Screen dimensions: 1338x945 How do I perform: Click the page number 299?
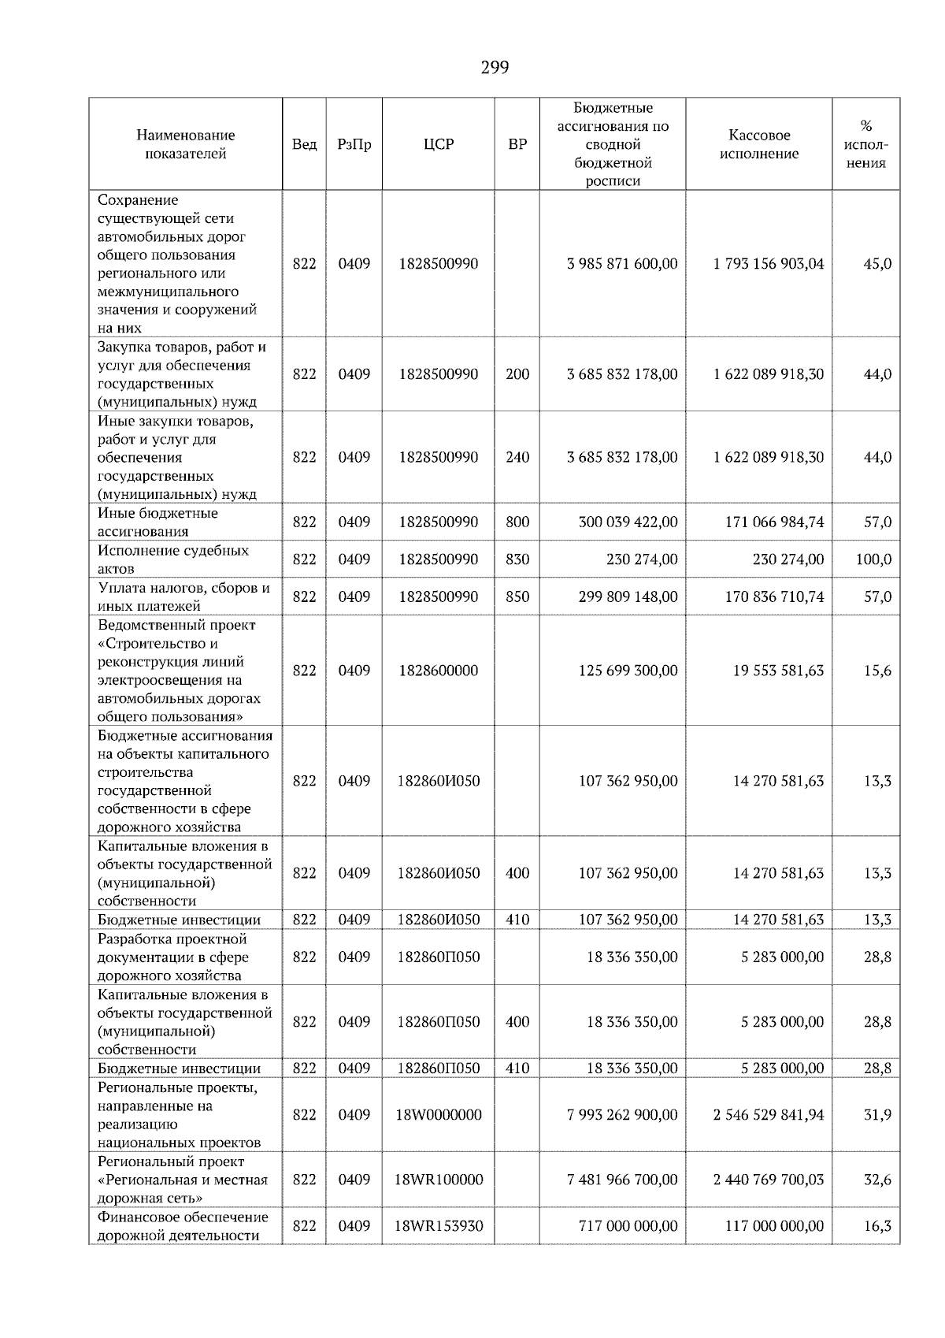click(495, 68)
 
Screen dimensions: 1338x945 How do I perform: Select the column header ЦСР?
click(439, 144)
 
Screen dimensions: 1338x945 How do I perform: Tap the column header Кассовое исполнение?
click(758, 144)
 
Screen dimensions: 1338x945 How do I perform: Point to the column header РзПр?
click(354, 144)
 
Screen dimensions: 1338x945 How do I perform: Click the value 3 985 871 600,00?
click(621, 264)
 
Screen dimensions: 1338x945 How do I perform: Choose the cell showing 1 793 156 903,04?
click(768, 264)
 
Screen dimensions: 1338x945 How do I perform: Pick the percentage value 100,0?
click(873, 559)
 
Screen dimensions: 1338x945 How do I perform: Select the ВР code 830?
click(517, 559)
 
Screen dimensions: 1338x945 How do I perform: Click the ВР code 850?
click(517, 597)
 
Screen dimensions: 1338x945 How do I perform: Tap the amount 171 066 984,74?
click(773, 522)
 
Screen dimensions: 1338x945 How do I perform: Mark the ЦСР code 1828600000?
click(439, 671)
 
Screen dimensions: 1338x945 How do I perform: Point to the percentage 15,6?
click(877, 671)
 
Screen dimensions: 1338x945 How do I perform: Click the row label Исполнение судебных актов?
click(172, 559)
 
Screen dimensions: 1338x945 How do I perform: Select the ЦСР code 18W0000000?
click(439, 1115)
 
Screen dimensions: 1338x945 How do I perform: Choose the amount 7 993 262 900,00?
click(621, 1115)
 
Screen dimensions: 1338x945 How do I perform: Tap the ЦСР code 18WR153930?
click(439, 1226)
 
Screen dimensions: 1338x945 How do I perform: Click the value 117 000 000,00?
click(773, 1226)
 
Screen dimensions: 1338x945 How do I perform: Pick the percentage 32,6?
click(877, 1180)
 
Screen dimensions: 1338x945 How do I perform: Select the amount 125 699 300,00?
click(627, 671)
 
